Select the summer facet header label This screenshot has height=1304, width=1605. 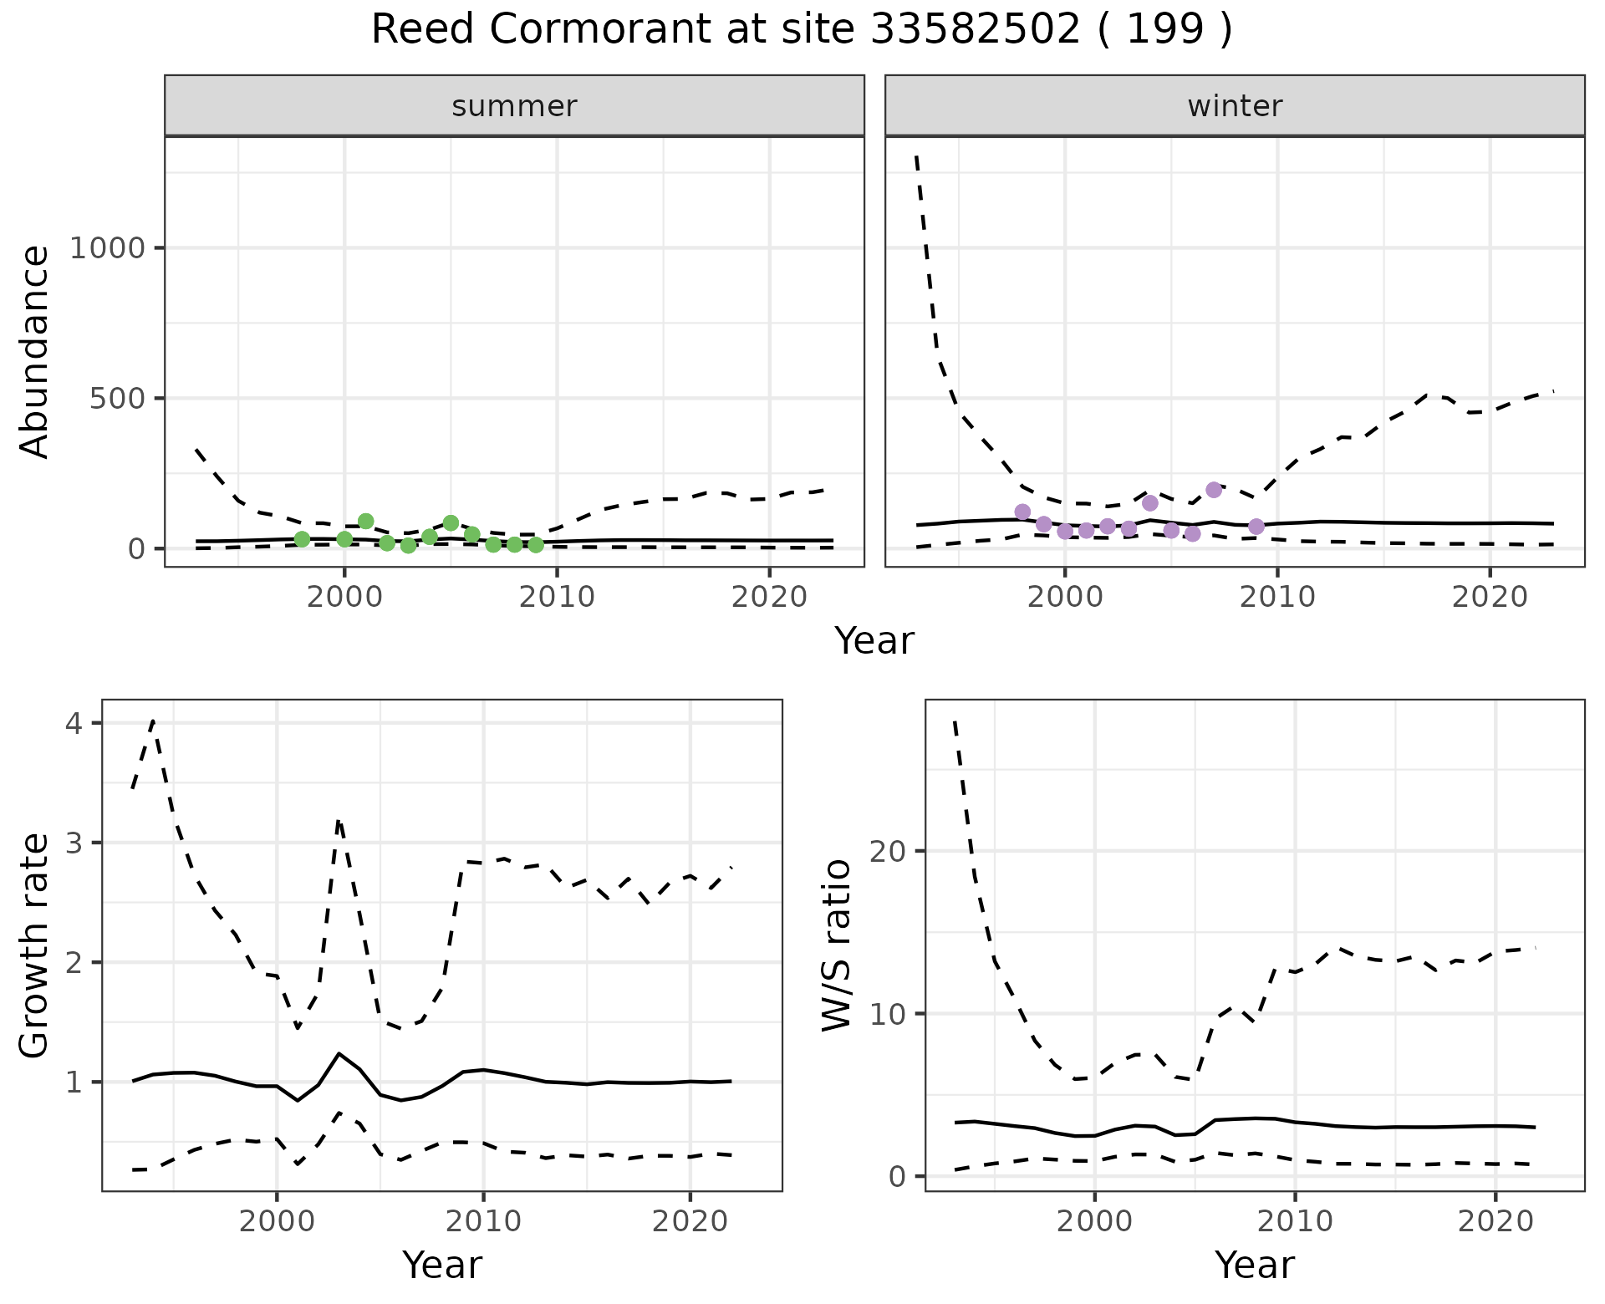click(514, 106)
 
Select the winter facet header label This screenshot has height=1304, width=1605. click(1235, 106)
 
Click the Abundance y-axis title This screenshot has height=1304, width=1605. click(35, 351)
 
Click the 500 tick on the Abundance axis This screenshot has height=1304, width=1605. click(117, 398)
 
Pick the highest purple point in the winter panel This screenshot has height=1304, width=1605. click(1214, 490)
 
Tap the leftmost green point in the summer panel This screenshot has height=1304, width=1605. click(302, 539)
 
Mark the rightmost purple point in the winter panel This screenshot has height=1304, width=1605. click(1256, 526)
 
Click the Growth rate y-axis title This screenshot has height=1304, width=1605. click(35, 946)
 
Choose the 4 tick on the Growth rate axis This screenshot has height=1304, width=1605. click(75, 723)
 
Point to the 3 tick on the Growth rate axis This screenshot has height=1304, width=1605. click(75, 843)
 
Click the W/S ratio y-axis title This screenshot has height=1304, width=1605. click(837, 946)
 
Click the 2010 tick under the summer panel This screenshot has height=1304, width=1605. click(557, 597)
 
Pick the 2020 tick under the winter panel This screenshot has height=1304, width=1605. click(1490, 597)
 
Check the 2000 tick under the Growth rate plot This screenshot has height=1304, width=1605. click(277, 1221)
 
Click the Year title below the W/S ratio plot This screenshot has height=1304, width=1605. click(1254, 1265)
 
